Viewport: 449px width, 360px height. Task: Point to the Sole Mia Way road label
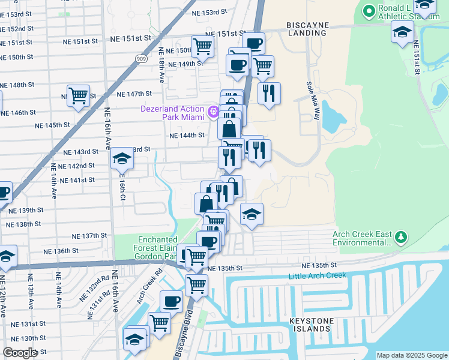click(x=313, y=100)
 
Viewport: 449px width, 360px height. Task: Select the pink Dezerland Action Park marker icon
click(x=212, y=112)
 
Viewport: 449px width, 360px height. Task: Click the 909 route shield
click(x=141, y=59)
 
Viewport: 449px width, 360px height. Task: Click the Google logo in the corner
click(x=20, y=353)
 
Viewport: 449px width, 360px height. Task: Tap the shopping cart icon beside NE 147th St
click(x=78, y=95)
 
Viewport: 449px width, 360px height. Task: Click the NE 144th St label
click(x=187, y=136)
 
